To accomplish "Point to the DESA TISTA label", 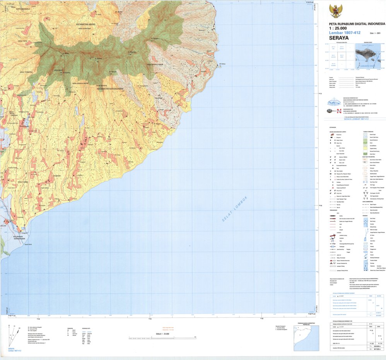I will (x=23, y=41).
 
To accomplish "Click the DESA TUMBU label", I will (x=23, y=181).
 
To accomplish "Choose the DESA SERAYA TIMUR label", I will (x=155, y=65).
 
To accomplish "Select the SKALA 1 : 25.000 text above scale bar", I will (x=164, y=333).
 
